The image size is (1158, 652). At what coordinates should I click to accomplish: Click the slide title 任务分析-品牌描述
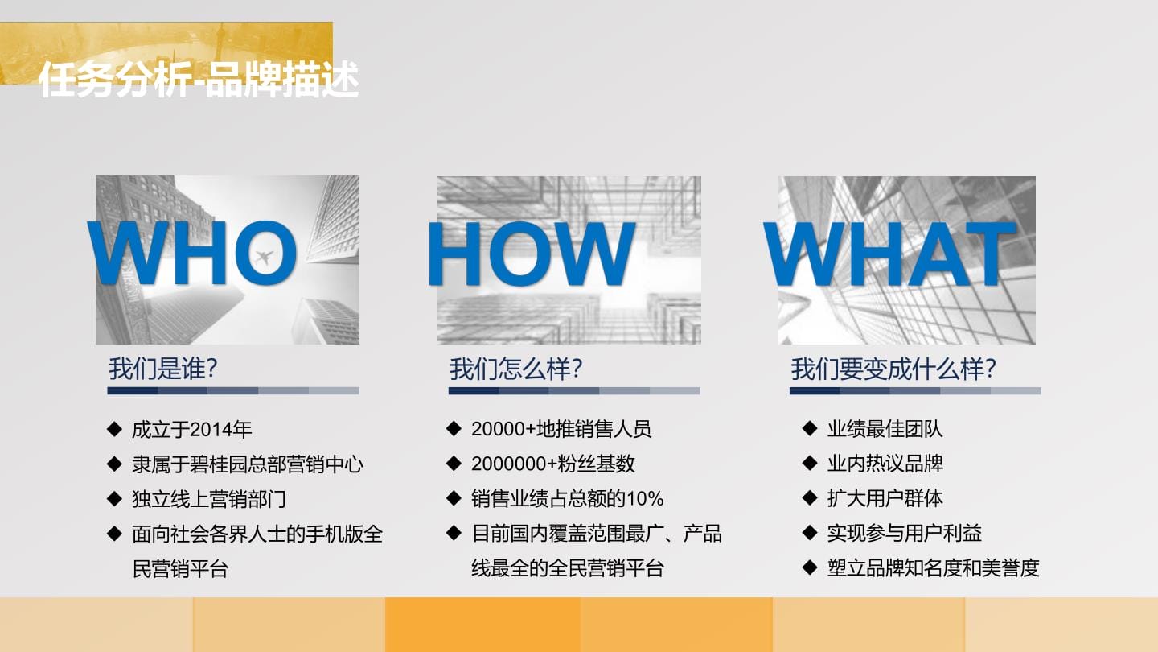(x=199, y=79)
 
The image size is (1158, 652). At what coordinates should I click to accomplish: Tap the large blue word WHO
(x=191, y=253)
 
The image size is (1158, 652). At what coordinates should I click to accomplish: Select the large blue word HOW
(x=532, y=254)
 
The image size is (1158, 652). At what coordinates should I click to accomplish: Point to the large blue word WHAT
(x=890, y=254)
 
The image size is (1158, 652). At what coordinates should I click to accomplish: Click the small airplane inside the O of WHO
(x=264, y=256)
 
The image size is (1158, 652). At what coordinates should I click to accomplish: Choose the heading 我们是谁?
(x=162, y=369)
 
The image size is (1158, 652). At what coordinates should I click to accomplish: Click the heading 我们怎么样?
(x=516, y=369)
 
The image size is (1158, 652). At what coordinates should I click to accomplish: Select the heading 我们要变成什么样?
(x=893, y=369)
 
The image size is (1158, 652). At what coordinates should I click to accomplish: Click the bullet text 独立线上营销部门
(x=209, y=499)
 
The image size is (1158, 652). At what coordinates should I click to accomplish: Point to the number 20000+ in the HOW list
(x=503, y=429)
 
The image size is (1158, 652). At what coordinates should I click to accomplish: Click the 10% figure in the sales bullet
(x=645, y=498)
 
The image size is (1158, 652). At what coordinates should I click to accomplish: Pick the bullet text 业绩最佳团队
(x=885, y=429)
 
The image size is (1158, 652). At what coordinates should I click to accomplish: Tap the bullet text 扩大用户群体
(x=885, y=498)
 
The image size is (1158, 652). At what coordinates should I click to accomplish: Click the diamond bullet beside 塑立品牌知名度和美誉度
(x=810, y=567)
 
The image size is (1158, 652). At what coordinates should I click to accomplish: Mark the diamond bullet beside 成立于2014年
(x=114, y=429)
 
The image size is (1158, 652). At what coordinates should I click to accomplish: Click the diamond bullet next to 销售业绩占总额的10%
(x=454, y=498)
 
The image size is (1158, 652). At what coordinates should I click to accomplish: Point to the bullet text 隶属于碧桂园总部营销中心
(x=248, y=464)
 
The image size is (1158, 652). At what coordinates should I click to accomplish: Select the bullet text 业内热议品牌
(x=885, y=464)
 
